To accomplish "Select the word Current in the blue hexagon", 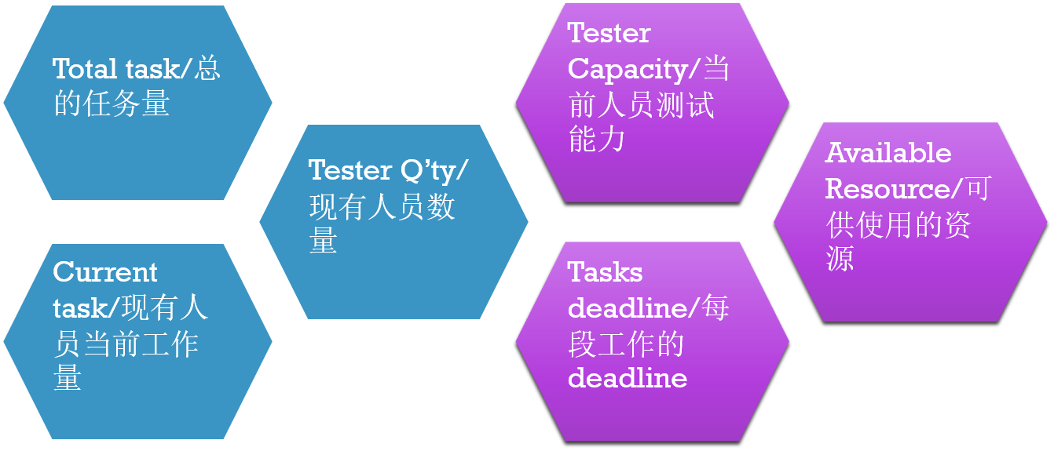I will coord(105,272).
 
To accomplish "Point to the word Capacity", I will coord(628,69).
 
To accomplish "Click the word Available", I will coord(888,152).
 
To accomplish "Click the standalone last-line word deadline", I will coord(628,378).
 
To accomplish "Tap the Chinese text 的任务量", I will coord(112,104).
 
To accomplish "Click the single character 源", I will coord(840,258).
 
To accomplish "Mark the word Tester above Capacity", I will coord(609,33).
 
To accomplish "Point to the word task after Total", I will coord(148,69).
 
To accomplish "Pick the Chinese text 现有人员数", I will coord(382,207).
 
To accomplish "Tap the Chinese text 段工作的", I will coord(626,344).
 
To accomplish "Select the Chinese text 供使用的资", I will coord(898,225).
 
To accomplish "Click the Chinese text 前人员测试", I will coord(641,104).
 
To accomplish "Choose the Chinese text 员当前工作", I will coord(126,344).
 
